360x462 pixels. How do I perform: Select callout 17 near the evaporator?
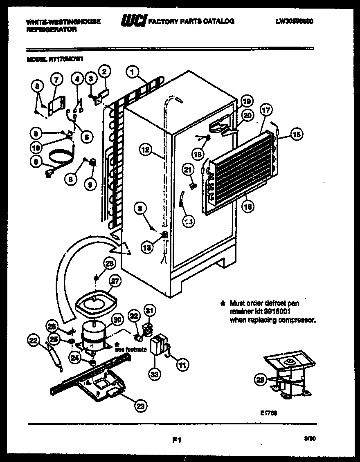point(266,110)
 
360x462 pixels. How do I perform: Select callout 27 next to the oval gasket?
point(116,281)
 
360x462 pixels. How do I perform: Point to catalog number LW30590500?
point(295,21)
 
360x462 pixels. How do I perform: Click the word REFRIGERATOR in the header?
point(51,30)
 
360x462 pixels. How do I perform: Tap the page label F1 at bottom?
point(177,440)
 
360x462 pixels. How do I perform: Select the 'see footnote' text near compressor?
point(130,350)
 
